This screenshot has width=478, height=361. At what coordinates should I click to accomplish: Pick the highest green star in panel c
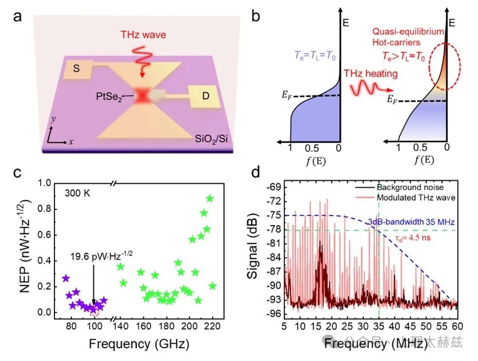tap(210, 198)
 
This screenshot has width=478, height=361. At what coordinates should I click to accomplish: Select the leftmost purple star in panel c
tap(65, 278)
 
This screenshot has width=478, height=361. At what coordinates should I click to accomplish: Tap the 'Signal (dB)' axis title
tap(253, 247)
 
